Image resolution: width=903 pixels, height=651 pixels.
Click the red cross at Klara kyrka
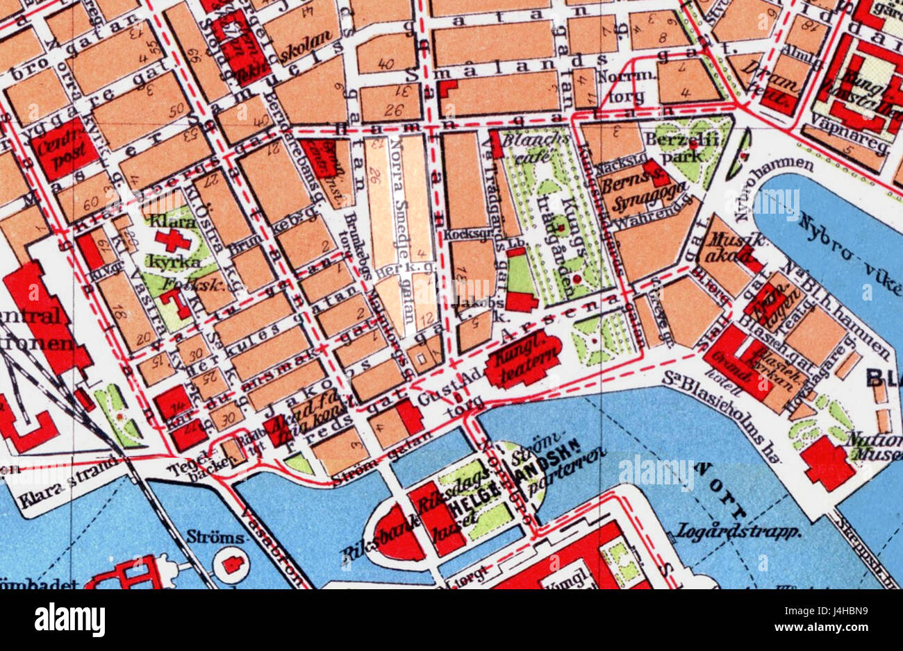pos(172,240)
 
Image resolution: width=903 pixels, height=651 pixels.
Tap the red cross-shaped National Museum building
pos(827,462)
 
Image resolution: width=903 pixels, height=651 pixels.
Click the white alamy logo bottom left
pos(69,619)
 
